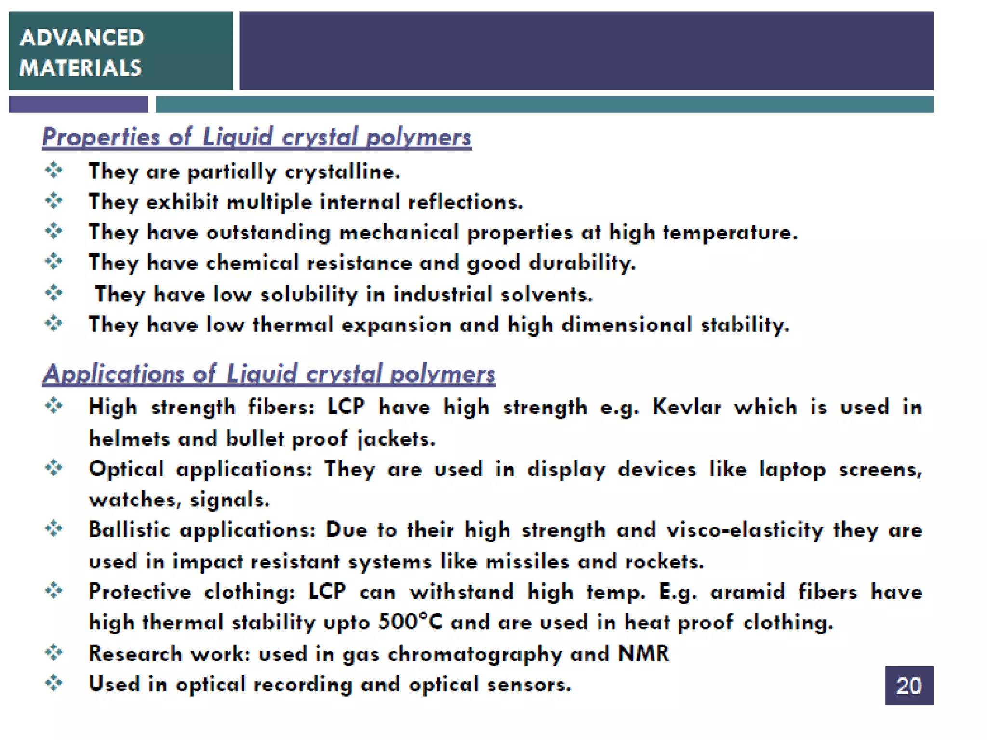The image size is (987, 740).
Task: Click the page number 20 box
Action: tap(908, 685)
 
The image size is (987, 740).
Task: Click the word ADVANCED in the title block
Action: tap(82, 38)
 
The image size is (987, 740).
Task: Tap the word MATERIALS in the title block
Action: tap(80, 68)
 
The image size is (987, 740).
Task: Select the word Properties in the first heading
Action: tap(101, 137)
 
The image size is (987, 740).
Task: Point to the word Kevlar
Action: tap(686, 407)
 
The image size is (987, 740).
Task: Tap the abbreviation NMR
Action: tap(643, 654)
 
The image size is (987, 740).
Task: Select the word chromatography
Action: tap(475, 654)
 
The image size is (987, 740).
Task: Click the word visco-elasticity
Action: tap(745, 530)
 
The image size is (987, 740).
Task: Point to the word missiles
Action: tap(527, 562)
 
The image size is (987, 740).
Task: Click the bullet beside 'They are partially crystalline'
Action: tap(54, 170)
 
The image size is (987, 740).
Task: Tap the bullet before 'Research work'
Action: tap(54, 653)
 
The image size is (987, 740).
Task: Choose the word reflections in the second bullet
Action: tap(465, 201)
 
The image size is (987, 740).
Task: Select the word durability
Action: tap(582, 263)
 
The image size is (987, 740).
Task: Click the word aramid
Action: tap(747, 592)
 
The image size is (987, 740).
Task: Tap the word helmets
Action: tap(129, 439)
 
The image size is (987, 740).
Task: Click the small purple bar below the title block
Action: tap(78, 105)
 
